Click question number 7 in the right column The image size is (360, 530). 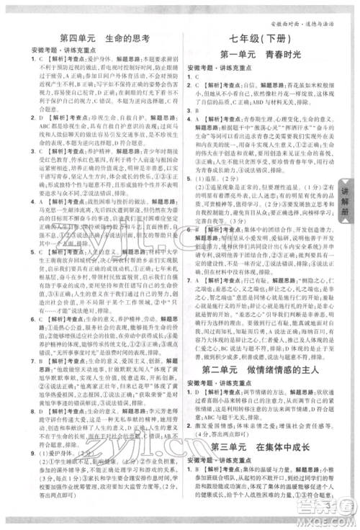coord(189,258)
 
